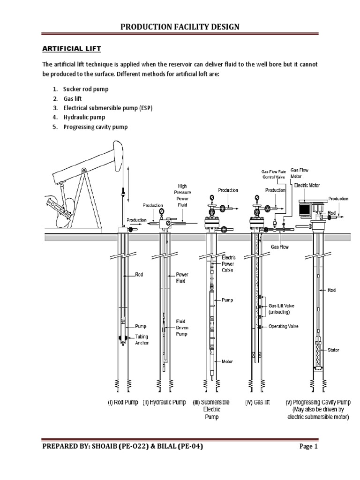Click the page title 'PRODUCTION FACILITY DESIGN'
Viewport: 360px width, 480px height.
(x=180, y=27)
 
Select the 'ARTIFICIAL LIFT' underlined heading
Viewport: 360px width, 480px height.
(x=72, y=49)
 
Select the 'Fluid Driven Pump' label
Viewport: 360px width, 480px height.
(x=181, y=328)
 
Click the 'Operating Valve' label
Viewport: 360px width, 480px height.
(x=283, y=326)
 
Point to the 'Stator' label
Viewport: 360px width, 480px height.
(x=333, y=350)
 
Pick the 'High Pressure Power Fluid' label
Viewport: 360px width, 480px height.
(x=182, y=192)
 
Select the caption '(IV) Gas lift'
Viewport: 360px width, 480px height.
(x=257, y=402)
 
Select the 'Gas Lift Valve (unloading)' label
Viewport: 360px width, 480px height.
(x=282, y=308)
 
